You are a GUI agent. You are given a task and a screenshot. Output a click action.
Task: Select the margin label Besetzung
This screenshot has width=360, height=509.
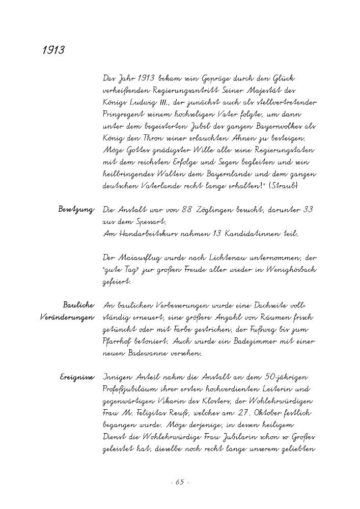(x=76, y=209)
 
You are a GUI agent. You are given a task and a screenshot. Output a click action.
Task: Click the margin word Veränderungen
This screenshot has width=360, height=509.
(x=67, y=317)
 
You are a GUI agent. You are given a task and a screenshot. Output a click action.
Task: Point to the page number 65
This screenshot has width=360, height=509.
(x=180, y=482)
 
